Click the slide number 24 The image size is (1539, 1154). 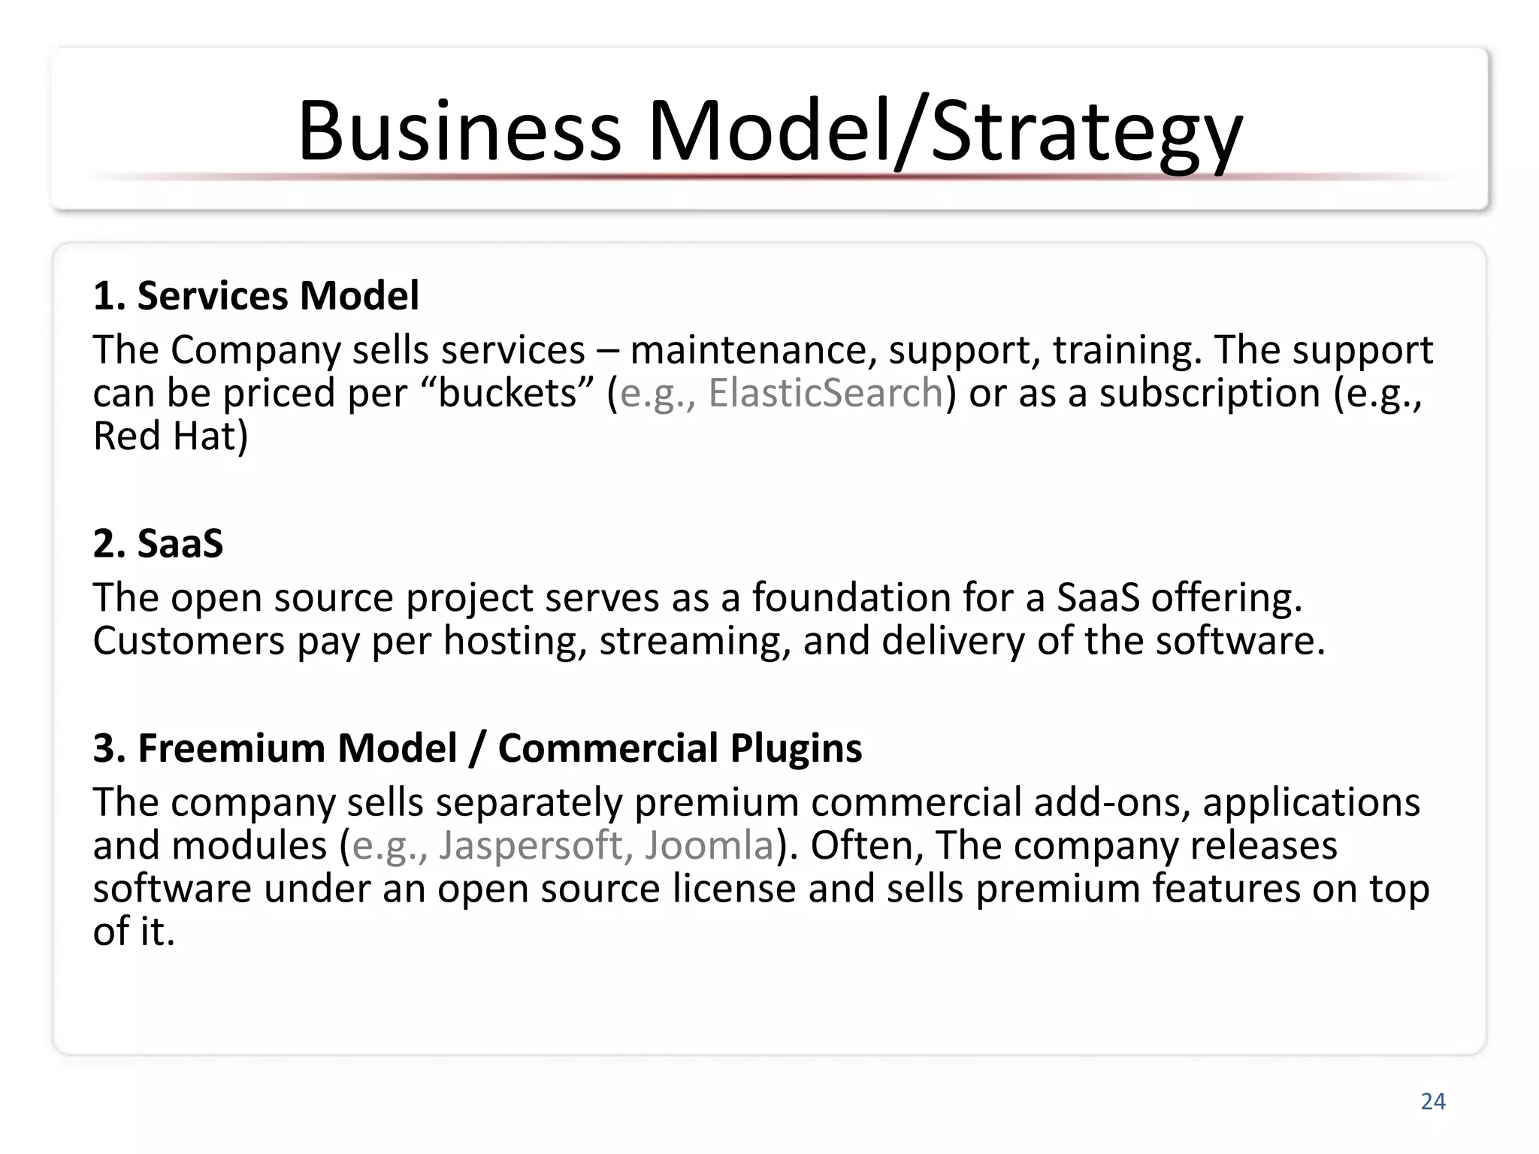[x=1432, y=1101]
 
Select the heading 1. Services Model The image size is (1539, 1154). [x=255, y=295]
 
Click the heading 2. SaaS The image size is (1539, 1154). [x=158, y=543]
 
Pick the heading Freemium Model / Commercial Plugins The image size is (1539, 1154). [x=499, y=748]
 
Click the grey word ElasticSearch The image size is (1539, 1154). [x=825, y=393]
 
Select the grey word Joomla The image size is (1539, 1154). [x=709, y=845]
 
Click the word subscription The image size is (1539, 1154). [x=1210, y=393]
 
